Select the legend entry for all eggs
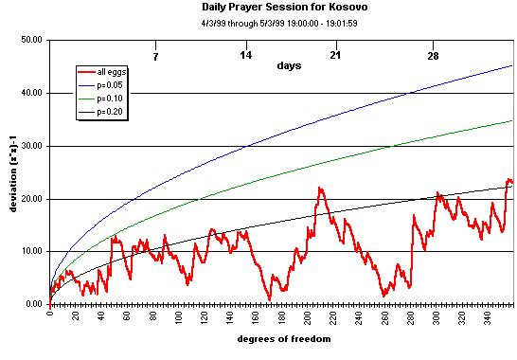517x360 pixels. pos(113,72)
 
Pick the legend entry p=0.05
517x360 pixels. pos(113,85)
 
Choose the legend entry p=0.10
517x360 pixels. pos(113,99)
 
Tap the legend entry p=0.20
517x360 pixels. pos(113,112)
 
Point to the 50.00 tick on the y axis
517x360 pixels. pos(29,41)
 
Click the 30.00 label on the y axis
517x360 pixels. pos(29,146)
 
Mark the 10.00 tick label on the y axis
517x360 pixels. pos(29,251)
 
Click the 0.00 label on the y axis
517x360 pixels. pos(31,304)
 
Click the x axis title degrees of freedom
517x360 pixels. pos(283,339)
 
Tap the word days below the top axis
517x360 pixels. pos(291,65)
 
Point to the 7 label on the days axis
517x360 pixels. pos(155,56)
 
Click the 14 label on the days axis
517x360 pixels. pos(245,56)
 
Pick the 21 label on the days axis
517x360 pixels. pos(335,56)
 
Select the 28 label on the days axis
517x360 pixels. pos(433,56)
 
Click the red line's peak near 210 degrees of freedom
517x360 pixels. pos(320,188)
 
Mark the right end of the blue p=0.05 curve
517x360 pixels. pos(512,65)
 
